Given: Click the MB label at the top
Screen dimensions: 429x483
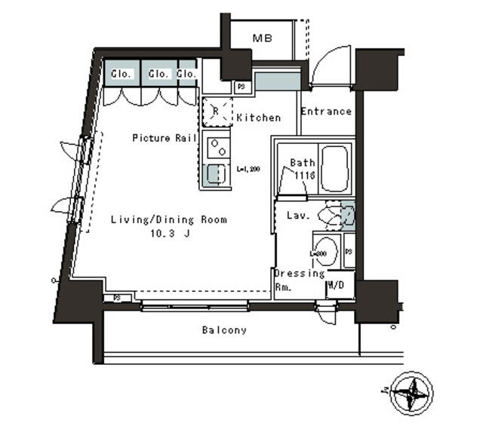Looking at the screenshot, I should tap(262, 38).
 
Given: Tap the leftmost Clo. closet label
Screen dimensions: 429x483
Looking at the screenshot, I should tap(122, 74).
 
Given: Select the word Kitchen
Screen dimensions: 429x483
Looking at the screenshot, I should tap(258, 118).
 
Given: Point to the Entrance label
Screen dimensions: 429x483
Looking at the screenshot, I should tap(326, 112).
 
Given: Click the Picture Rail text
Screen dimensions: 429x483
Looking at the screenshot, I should tap(165, 138).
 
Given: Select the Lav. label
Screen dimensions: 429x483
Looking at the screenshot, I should tap(297, 216).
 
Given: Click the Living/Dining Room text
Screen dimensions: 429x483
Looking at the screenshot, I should tap(168, 220).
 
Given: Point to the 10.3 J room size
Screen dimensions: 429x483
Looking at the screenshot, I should tap(168, 234).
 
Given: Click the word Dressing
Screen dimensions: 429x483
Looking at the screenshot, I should tap(299, 273).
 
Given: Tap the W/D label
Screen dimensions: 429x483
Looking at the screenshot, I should tap(336, 286).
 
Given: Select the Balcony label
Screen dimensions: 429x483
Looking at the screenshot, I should tap(223, 330).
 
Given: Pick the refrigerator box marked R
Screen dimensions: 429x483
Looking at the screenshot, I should tap(216, 112).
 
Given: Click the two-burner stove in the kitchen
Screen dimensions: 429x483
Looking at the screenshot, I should tap(216, 145).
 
